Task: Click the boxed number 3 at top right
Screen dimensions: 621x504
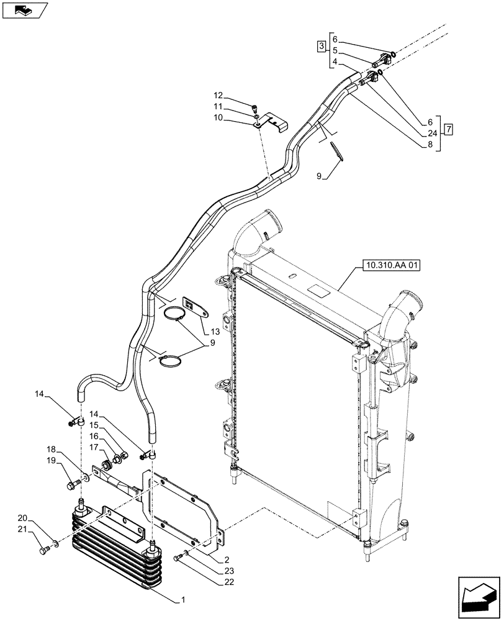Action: coord(320,46)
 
